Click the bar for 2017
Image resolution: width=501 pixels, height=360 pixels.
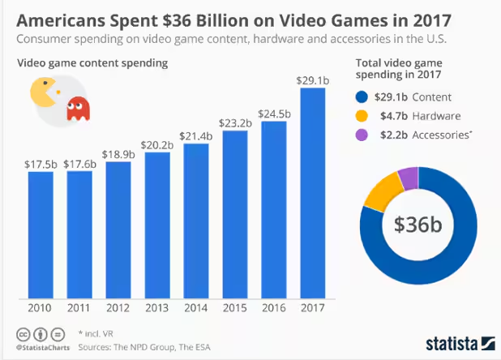click(x=313, y=195)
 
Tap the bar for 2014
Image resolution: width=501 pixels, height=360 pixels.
click(x=196, y=223)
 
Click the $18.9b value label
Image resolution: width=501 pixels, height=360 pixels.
click(x=118, y=153)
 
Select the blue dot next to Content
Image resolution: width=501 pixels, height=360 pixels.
click(x=363, y=96)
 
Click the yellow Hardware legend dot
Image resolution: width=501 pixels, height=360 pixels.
click(x=363, y=116)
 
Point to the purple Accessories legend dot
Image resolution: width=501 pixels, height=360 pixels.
click(x=363, y=135)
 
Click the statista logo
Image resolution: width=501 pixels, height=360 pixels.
click(x=460, y=341)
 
